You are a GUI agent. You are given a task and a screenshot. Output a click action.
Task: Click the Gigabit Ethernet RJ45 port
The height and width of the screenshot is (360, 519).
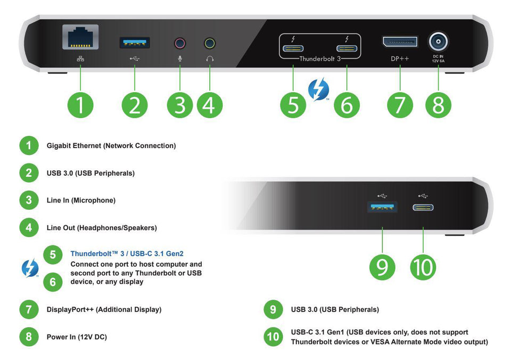[80, 39]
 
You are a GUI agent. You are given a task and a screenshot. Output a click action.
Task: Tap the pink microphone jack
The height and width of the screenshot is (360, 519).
[180, 43]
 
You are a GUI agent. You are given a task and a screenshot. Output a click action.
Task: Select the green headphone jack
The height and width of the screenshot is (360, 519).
[210, 43]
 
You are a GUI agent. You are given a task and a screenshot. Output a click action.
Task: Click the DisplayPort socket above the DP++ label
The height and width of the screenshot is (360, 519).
[400, 42]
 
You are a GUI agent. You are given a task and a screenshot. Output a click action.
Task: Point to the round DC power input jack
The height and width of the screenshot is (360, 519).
[438, 41]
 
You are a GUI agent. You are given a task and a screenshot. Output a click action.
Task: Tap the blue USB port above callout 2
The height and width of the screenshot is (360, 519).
[134, 42]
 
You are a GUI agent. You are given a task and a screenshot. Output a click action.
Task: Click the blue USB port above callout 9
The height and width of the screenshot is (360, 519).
[382, 207]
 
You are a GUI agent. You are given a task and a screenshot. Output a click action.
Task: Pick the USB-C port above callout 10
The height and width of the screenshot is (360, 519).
[423, 207]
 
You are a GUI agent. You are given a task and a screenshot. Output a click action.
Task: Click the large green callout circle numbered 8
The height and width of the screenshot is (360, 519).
[438, 105]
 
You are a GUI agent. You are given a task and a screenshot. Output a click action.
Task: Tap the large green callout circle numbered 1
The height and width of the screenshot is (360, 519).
[80, 105]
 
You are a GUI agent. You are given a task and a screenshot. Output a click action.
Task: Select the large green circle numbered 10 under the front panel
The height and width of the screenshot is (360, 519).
[423, 267]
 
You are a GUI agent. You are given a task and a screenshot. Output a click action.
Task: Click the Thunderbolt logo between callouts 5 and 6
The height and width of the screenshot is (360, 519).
[319, 89]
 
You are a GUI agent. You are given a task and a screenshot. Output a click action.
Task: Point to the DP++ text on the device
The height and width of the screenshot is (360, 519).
[400, 59]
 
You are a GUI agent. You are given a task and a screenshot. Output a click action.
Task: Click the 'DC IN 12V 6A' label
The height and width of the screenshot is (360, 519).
[438, 58]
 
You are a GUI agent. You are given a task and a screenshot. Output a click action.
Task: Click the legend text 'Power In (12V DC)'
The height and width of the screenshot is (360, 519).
[77, 337]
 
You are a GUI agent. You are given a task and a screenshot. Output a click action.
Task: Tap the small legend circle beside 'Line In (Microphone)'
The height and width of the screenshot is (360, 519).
[29, 201]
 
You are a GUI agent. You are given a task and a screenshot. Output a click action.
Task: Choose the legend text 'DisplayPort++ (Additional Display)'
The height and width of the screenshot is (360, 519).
[104, 309]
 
